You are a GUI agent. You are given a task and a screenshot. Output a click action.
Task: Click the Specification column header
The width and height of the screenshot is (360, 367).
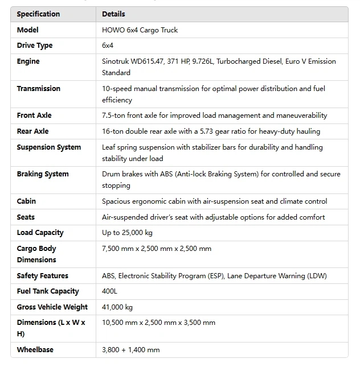click(x=38, y=14)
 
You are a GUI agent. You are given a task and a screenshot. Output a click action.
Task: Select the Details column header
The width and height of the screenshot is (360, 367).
click(x=113, y=14)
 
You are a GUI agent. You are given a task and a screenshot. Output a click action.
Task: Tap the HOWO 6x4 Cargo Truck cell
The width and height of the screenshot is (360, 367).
click(x=140, y=30)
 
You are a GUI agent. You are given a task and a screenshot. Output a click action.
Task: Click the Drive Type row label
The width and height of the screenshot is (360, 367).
click(x=35, y=46)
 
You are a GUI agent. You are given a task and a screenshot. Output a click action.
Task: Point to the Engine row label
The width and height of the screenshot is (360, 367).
click(x=28, y=61)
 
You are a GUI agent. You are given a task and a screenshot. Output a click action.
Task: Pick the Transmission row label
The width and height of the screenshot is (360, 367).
click(x=39, y=88)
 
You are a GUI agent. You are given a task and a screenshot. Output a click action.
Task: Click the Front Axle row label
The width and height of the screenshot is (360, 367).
click(x=34, y=116)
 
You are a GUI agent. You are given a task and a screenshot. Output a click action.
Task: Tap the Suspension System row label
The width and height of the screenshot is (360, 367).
click(x=49, y=147)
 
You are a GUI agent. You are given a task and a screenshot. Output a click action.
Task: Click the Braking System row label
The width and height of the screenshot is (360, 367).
click(x=43, y=174)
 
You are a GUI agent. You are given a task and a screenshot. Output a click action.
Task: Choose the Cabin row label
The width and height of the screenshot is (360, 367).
click(x=26, y=201)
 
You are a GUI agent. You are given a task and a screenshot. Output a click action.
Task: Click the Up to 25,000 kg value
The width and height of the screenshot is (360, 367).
click(x=128, y=233)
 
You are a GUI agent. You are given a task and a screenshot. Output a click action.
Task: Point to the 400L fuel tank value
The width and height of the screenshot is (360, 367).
click(x=110, y=291)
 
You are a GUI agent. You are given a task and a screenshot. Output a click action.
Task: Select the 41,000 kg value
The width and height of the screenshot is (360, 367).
click(x=117, y=307)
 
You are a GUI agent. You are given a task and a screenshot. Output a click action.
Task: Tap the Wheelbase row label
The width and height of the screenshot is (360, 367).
click(x=35, y=350)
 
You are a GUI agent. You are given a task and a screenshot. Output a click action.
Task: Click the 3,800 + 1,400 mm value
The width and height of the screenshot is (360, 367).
click(x=131, y=350)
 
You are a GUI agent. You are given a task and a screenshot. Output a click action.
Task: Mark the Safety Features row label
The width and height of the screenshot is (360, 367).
click(x=43, y=275)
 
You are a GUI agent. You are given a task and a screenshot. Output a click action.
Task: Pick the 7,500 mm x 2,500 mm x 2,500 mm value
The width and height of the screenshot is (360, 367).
click(x=157, y=249)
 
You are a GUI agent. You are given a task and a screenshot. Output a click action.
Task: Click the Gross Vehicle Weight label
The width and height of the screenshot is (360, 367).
click(x=52, y=307)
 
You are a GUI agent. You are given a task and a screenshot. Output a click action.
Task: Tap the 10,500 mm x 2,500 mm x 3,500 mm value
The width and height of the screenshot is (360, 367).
click(x=159, y=323)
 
